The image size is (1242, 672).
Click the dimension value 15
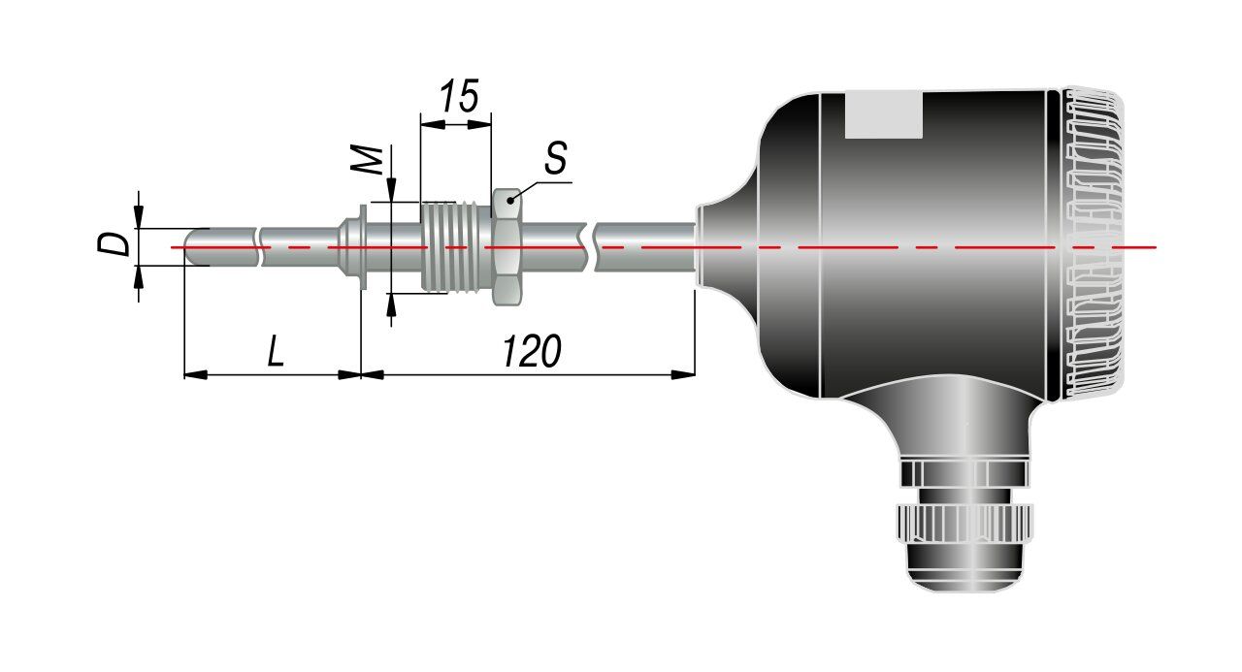(459, 96)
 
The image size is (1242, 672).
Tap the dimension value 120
(532, 351)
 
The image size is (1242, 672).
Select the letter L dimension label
(276, 351)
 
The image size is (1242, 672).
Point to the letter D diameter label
(114, 243)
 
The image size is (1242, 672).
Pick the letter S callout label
(556, 158)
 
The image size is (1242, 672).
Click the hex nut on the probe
(507, 246)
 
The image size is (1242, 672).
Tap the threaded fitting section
(456, 246)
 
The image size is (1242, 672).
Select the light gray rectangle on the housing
(884, 114)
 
